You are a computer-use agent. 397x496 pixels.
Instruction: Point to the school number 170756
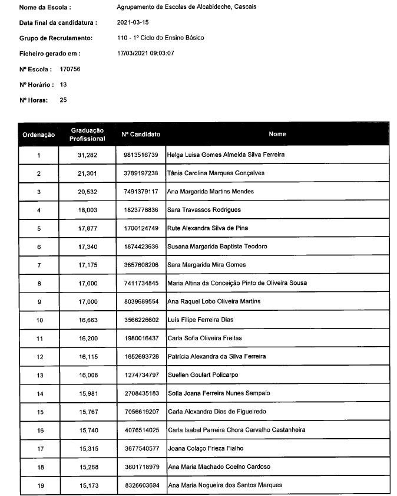pos(70,69)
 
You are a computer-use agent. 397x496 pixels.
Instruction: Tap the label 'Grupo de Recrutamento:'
pos(56,38)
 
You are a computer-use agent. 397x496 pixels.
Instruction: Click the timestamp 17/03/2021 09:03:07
pos(146,54)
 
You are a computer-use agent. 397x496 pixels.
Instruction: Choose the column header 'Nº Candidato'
pos(141,134)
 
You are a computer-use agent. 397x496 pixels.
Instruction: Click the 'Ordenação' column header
pos(38,135)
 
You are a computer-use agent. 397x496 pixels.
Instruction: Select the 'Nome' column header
pos(277,134)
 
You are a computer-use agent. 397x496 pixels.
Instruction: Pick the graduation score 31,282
pos(87,155)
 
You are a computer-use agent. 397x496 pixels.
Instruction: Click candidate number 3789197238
pos(141,173)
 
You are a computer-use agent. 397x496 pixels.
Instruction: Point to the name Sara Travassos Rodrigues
pos(204,210)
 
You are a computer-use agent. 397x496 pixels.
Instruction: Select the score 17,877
pos(87,228)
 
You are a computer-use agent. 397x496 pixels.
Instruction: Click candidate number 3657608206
pos(141,265)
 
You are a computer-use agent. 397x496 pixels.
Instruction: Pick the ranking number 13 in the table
pos(39,375)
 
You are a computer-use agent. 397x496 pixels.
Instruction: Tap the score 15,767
pos(87,412)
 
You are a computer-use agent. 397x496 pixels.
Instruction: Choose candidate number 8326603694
pos(141,485)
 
